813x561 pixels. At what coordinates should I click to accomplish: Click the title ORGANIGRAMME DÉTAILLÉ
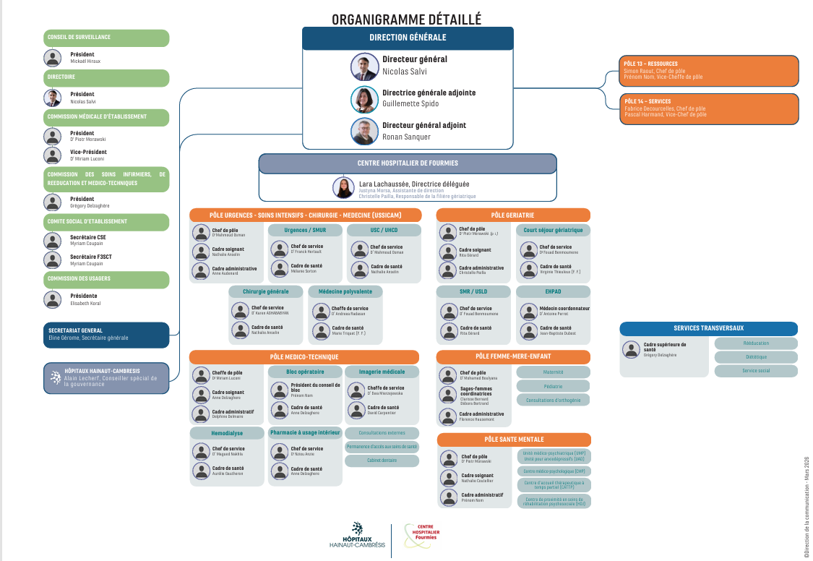coord(406,20)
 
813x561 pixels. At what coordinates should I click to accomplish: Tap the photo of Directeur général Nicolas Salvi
coord(364,67)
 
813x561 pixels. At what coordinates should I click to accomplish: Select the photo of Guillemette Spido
coord(364,99)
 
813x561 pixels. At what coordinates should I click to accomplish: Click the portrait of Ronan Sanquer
coord(364,132)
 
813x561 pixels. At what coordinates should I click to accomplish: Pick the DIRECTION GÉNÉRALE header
coord(408,38)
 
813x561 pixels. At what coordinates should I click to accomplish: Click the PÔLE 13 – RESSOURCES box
coord(708,70)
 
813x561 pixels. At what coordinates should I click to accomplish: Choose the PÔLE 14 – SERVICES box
coord(708,108)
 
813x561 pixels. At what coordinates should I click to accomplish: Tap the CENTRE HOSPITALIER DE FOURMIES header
coord(408,163)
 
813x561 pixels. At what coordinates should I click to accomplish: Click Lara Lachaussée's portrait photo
coord(343,188)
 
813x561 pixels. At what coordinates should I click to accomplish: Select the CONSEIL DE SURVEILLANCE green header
coord(107,38)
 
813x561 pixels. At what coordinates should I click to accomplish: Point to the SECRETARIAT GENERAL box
coord(106,335)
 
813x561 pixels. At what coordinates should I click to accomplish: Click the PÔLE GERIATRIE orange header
coord(513,215)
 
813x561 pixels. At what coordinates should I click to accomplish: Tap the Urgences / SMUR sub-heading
coord(305,231)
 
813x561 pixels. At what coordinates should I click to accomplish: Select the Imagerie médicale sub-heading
coord(382,372)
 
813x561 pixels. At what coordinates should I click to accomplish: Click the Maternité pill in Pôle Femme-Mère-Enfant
coord(554,372)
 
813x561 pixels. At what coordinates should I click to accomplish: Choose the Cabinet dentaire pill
coord(382,461)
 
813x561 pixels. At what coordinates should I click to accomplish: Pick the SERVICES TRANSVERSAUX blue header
coord(708,328)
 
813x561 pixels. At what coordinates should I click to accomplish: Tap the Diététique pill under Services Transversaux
coord(756,357)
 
